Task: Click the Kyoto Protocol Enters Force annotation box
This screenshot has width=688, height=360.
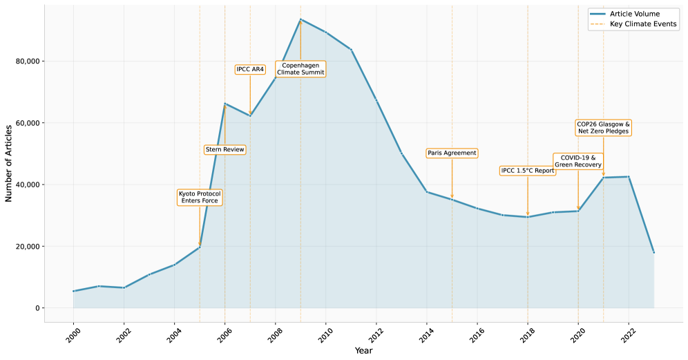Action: pos(200,197)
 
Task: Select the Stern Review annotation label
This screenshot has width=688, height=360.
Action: pos(224,150)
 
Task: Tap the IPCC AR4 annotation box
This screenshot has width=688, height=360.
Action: pos(250,69)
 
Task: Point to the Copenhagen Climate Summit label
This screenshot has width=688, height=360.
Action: pos(300,69)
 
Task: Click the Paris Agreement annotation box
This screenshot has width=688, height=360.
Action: pos(452,153)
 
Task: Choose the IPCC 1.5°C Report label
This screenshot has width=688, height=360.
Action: pos(528,171)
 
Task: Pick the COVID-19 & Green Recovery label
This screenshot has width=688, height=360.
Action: pos(578,162)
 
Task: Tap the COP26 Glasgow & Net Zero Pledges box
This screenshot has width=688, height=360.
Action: pos(603,128)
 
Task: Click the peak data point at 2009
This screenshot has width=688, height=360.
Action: pos(300,19)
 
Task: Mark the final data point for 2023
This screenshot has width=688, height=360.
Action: pos(653,252)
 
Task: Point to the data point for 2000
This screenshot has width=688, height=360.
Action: pos(73,291)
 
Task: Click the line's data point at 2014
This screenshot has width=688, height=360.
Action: pos(427,191)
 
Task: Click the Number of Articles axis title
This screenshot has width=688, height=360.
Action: pos(9,164)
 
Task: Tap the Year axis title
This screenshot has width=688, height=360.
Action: pos(363,351)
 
